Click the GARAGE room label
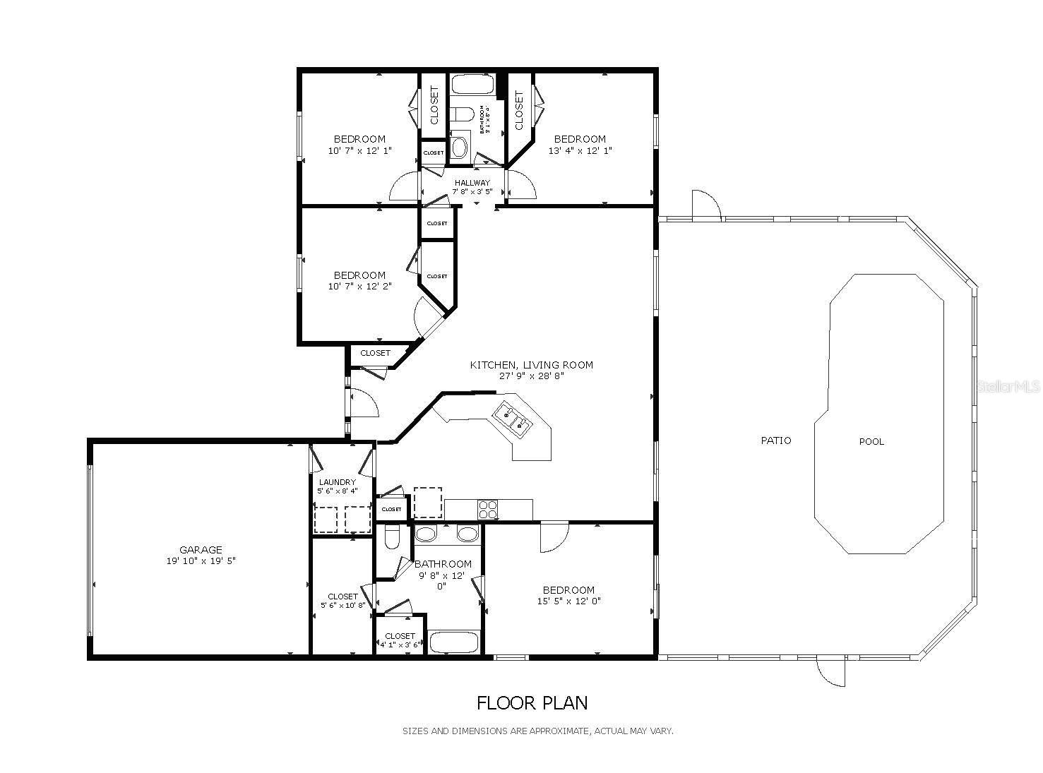pos(201,550)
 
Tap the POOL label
pos(871,442)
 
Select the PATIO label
pos(775,441)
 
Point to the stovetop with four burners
pos(488,509)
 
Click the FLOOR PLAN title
pos(532,703)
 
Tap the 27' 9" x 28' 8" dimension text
pos(532,376)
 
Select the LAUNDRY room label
pos(337,482)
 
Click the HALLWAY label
pos(472,183)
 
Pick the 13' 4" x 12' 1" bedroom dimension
pos(580,150)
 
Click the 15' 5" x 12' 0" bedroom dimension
pos(568,601)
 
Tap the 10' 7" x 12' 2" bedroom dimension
pos(359,287)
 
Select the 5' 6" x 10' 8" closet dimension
pos(342,605)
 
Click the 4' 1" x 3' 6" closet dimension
pos(400,645)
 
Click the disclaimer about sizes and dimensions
pos(537,731)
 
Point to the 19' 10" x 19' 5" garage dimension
pos(201,561)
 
